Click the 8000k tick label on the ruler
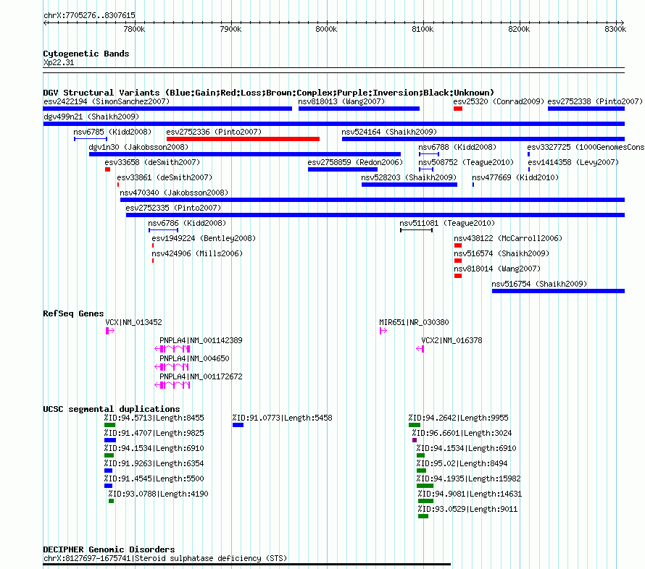click(x=326, y=29)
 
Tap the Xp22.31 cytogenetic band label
click(x=59, y=62)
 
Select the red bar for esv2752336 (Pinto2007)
click(x=243, y=139)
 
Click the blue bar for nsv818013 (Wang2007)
click(x=359, y=109)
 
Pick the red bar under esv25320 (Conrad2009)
click(x=458, y=109)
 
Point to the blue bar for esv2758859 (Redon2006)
click(x=343, y=169)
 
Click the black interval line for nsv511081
click(x=416, y=230)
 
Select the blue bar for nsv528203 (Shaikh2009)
click(x=409, y=185)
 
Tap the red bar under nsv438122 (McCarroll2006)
click(x=458, y=245)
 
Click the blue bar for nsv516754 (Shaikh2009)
click(x=558, y=291)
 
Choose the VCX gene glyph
click(x=110, y=331)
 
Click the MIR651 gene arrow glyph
click(x=383, y=331)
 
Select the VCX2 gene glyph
click(x=420, y=349)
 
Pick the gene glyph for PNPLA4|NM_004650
click(x=172, y=367)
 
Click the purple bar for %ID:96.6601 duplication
click(x=415, y=440)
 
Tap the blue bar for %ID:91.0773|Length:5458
click(x=238, y=425)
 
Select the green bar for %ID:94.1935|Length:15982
click(x=425, y=486)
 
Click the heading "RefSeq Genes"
click(x=73, y=313)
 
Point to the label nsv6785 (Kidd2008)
click(x=112, y=132)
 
